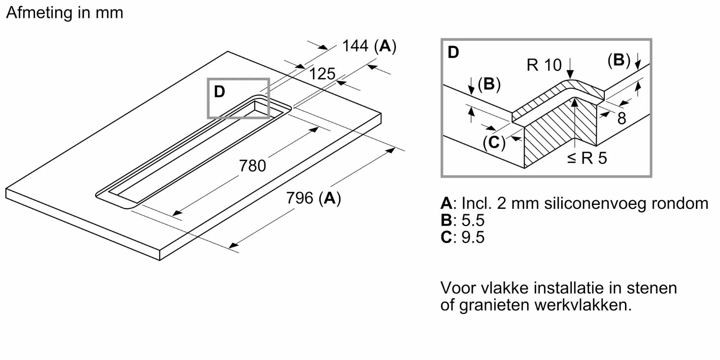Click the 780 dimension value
coord(252,166)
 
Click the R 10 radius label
coord(544,65)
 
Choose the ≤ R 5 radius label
coord(587,158)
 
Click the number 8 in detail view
coord(622,118)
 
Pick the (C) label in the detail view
coord(494,143)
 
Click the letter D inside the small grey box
coord(219,92)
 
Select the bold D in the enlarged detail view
coord(453,52)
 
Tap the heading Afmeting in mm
coord(64,13)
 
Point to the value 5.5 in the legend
coord(472,220)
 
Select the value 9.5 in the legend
coord(472,237)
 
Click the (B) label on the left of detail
coord(489,84)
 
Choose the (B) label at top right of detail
coord(619,60)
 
